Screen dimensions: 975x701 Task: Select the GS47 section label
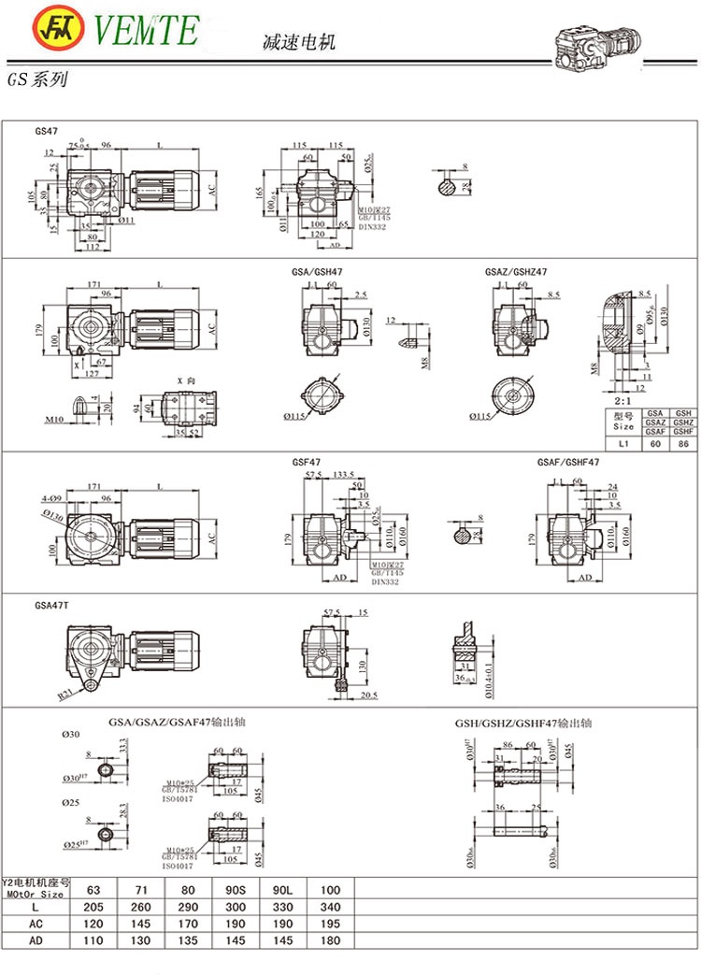47,131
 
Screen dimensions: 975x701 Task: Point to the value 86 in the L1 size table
683,445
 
